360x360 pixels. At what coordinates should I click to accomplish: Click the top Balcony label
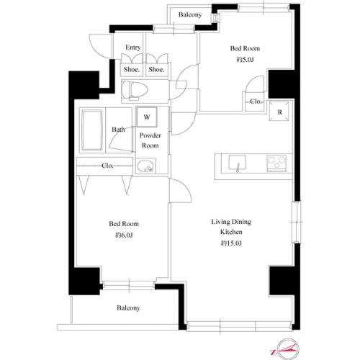(x=190, y=14)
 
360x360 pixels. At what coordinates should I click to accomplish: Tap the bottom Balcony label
(x=129, y=308)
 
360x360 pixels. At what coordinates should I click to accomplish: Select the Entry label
(x=132, y=48)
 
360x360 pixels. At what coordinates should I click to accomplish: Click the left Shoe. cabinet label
(x=131, y=69)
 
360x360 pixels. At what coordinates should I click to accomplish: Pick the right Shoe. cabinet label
(x=156, y=69)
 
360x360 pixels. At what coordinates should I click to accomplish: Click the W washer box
(x=147, y=116)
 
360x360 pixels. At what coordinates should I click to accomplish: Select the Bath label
(x=118, y=130)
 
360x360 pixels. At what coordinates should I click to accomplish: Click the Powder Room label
(x=150, y=140)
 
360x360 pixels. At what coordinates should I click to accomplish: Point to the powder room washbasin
(x=146, y=170)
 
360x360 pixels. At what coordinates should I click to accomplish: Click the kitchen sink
(x=237, y=163)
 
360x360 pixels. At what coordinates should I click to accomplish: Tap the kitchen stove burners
(x=277, y=161)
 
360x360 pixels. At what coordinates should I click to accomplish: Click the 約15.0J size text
(x=231, y=245)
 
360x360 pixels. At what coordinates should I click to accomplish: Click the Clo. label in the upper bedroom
(x=256, y=102)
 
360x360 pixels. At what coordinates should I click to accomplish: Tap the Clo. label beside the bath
(x=107, y=166)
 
